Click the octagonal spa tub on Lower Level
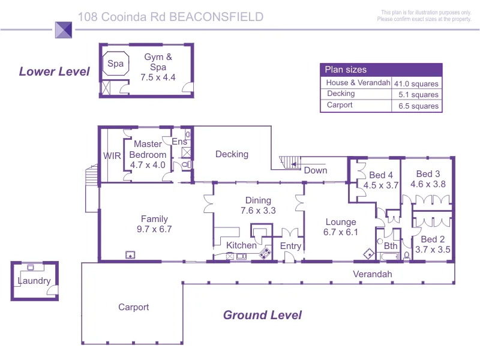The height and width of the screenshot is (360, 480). [115, 64]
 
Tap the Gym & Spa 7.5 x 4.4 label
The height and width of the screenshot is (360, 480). [158, 67]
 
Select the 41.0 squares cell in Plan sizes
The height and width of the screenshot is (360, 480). [416, 83]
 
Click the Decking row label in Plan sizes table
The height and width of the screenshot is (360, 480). [341, 94]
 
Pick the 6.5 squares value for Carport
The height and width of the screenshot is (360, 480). [418, 106]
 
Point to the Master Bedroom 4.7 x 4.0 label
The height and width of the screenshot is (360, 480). [148, 154]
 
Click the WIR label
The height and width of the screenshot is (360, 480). [112, 156]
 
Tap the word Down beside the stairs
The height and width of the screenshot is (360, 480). [316, 170]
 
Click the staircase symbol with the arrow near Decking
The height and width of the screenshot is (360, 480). [290, 162]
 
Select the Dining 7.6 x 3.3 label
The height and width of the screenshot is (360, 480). [258, 205]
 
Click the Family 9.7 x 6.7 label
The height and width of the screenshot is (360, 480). [154, 224]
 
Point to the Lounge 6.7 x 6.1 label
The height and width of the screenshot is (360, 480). [341, 227]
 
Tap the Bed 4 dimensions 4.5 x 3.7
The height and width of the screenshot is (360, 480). [381, 185]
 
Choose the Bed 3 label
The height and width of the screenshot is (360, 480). [428, 174]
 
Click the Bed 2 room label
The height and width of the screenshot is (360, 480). [433, 239]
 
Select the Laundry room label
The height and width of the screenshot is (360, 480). [34, 281]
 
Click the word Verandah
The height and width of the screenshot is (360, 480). [372, 274]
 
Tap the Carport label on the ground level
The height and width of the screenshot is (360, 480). [133, 307]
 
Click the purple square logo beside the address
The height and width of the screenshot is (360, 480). [64, 30]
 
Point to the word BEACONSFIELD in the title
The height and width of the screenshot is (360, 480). [217, 17]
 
